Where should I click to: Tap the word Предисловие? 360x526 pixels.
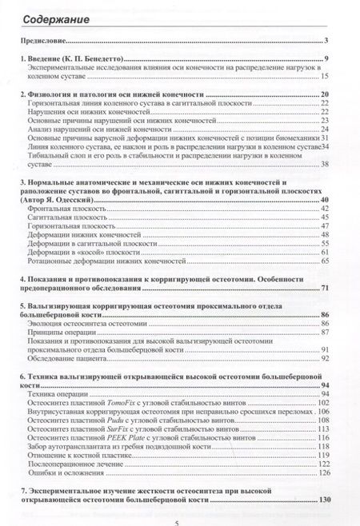[42, 40]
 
